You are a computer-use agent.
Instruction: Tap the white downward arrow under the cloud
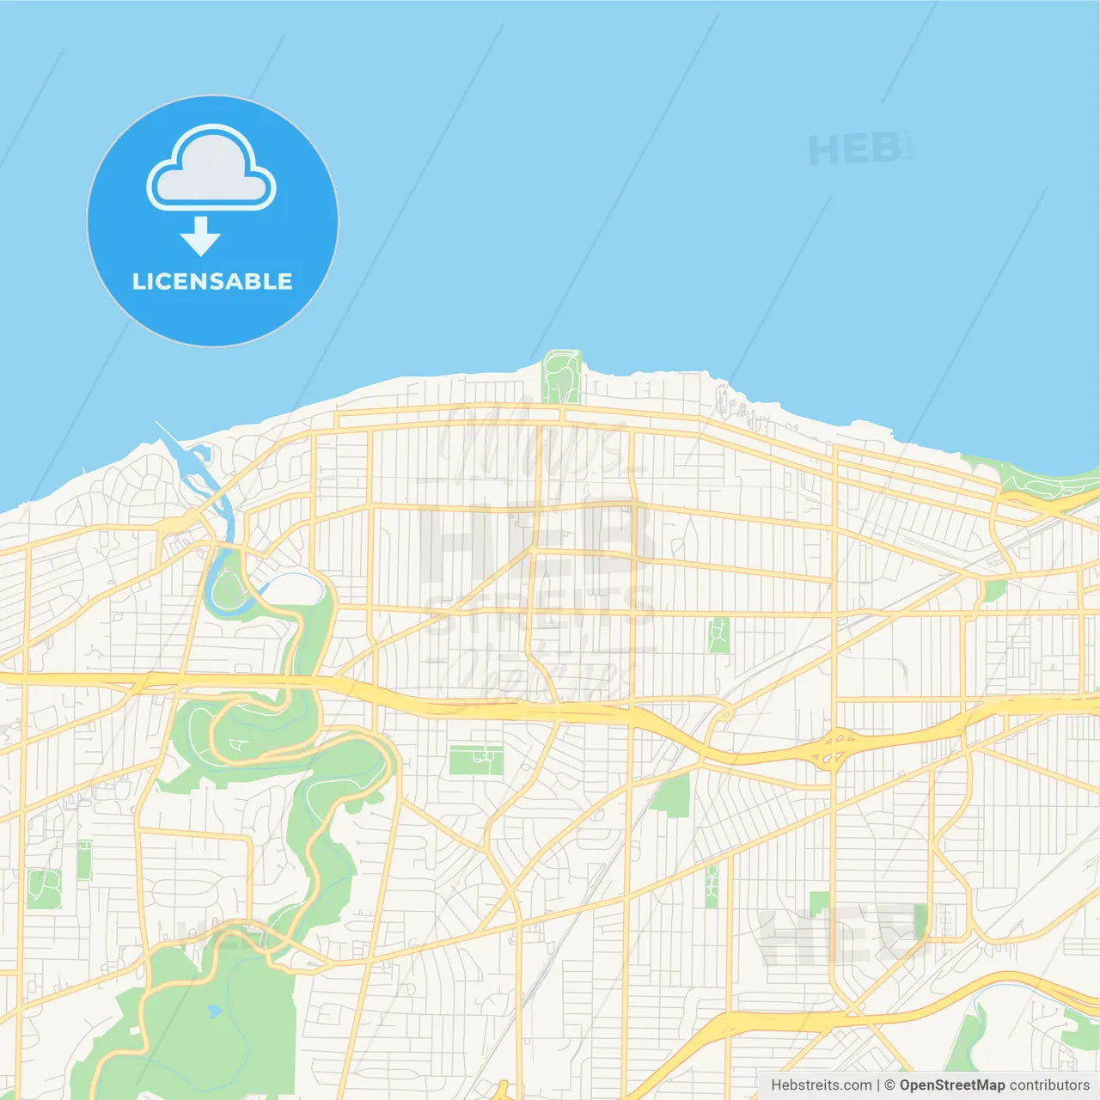pos(200,237)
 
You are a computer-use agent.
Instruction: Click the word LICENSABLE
pos(212,282)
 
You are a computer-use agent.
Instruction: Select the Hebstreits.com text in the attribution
pos(821,1085)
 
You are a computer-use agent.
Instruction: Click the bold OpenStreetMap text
pos(951,1085)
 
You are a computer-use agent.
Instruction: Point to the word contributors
pos(1049,1085)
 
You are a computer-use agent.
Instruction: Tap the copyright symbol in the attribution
pos(889,1085)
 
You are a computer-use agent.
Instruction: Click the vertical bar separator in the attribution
pos(878,1085)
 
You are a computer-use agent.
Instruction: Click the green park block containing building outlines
pos(475,760)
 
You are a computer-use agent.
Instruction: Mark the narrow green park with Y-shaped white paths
pos(719,634)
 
